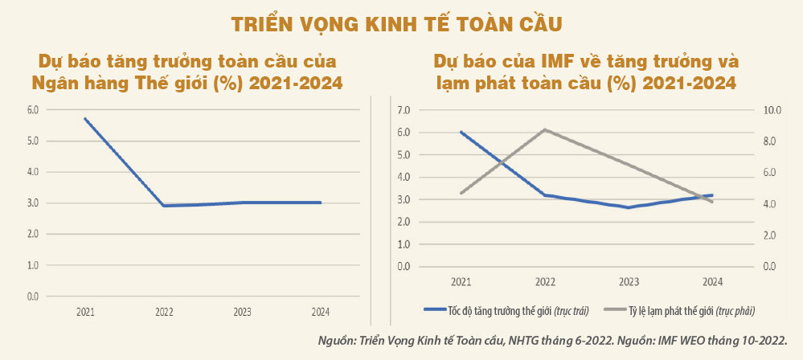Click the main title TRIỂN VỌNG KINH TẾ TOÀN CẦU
click(x=401, y=23)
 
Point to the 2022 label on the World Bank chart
click(x=163, y=313)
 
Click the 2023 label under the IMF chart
click(x=629, y=282)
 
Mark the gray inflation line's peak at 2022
click(x=544, y=129)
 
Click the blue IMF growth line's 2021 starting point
click(x=461, y=132)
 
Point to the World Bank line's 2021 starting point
click(x=85, y=119)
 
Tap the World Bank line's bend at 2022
click(x=163, y=206)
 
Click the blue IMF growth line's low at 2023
click(x=629, y=207)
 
